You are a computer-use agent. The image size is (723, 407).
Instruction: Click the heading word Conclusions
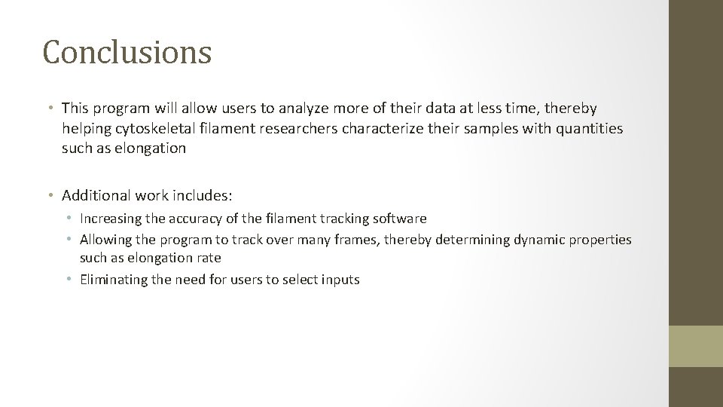click(x=127, y=52)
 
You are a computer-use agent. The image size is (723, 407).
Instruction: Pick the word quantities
click(x=590, y=128)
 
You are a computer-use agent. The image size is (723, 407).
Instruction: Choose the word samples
click(x=488, y=128)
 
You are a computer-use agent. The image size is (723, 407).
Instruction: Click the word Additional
click(x=96, y=196)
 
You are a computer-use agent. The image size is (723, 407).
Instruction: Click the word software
click(x=400, y=219)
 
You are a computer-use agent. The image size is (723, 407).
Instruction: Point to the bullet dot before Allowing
click(x=69, y=240)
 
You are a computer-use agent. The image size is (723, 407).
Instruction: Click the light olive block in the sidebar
click(x=696, y=346)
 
